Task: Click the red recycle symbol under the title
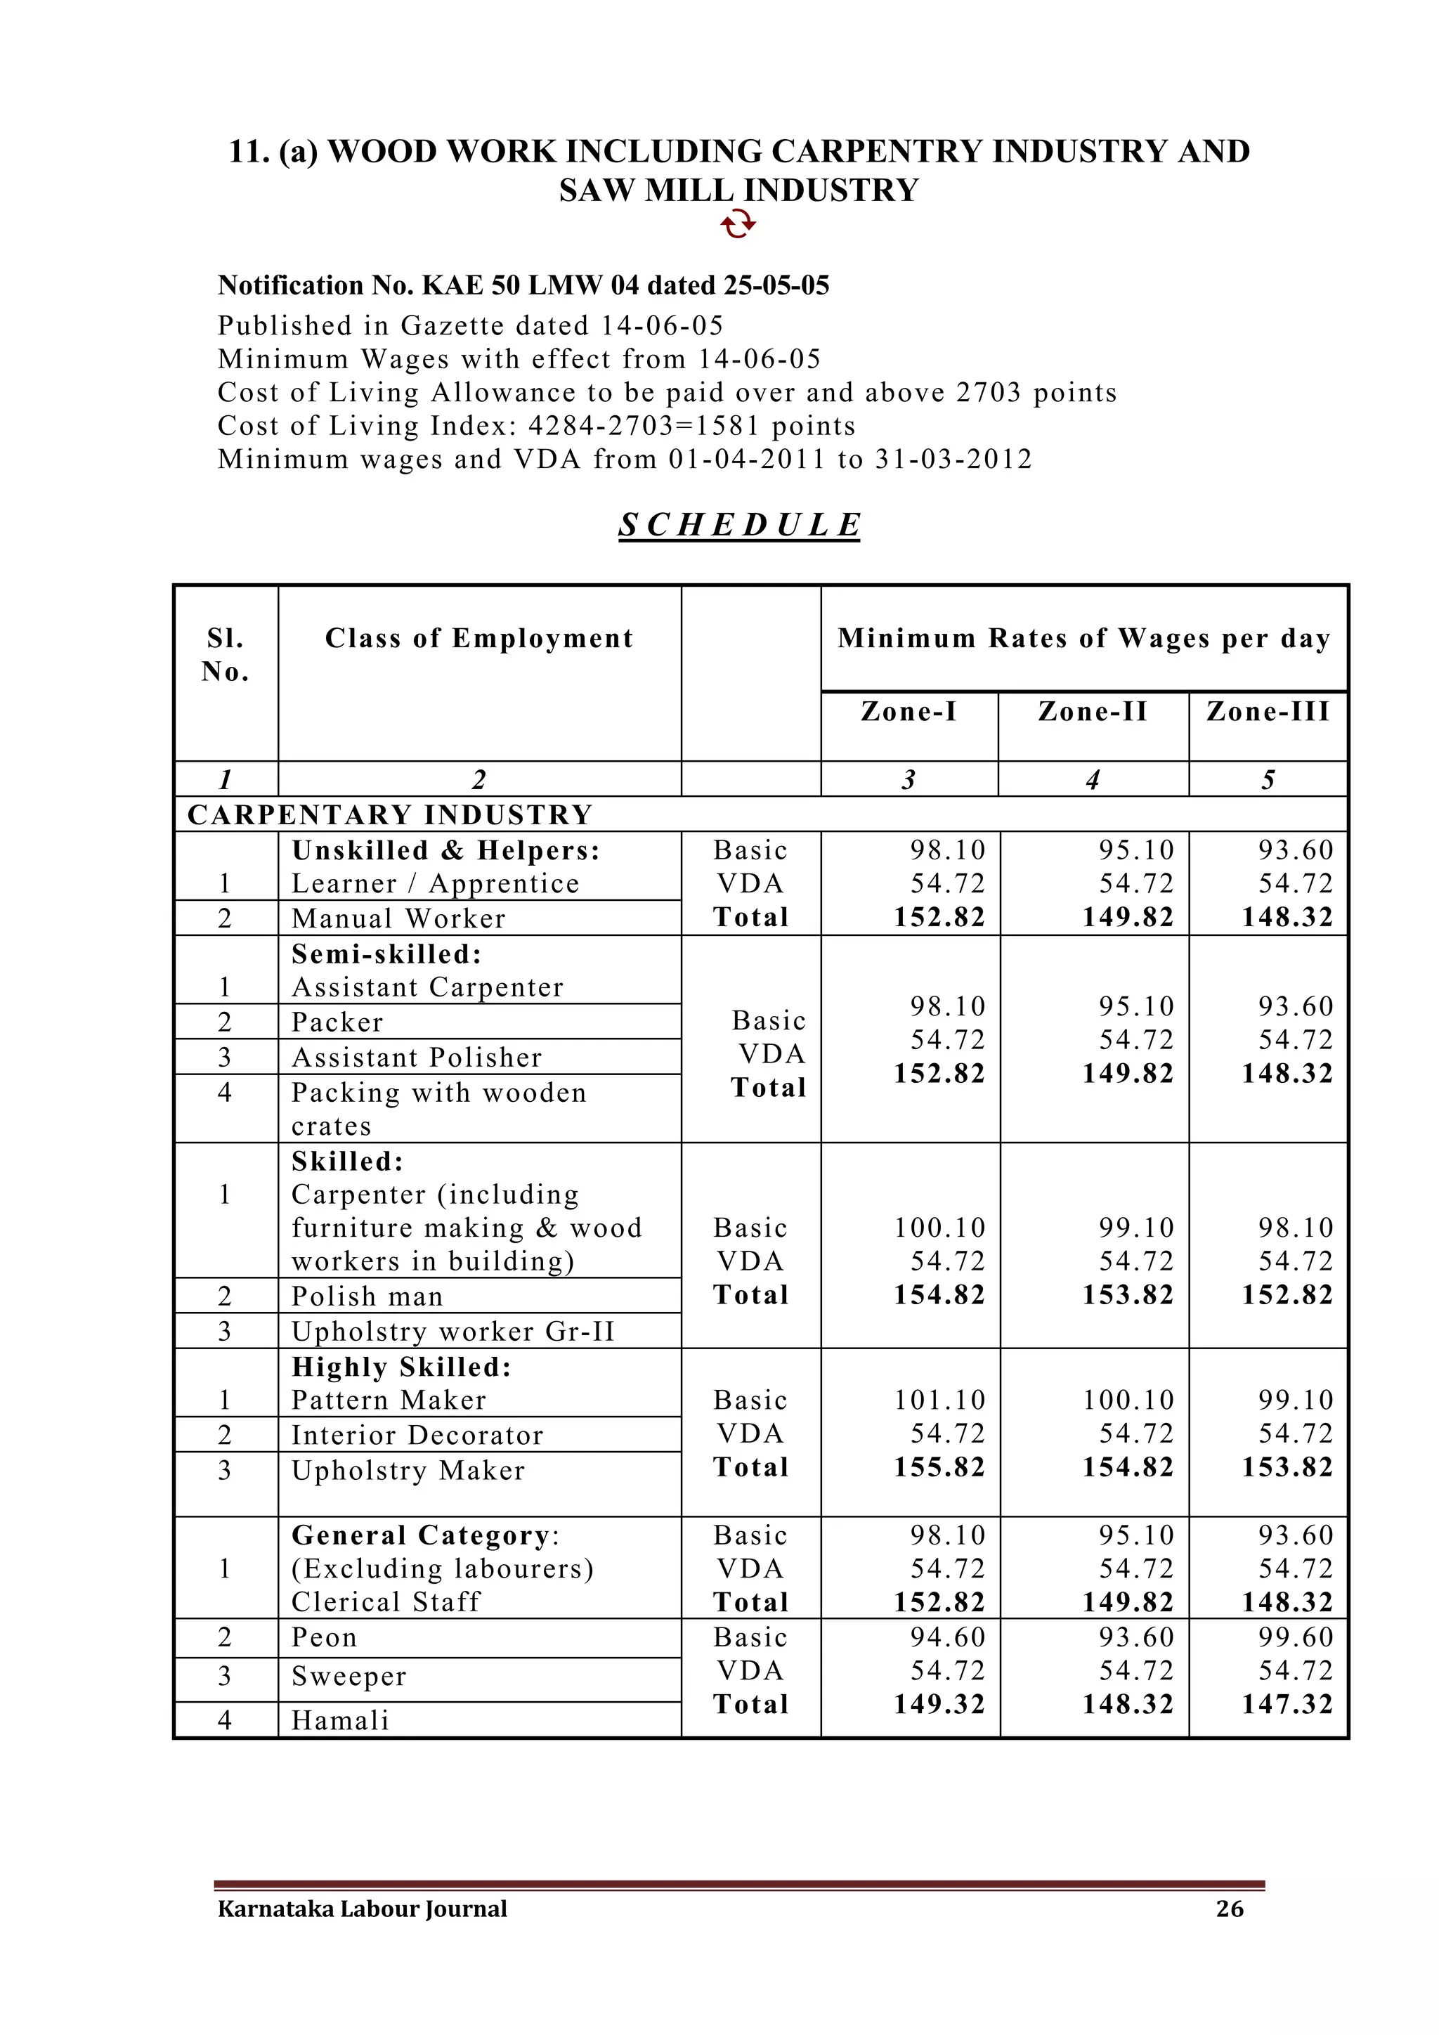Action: tap(738, 225)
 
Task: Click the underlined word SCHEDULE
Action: tap(739, 525)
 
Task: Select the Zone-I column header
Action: tap(909, 712)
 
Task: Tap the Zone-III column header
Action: tap(1268, 712)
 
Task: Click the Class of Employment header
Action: tap(479, 638)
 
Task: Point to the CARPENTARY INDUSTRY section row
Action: tap(390, 814)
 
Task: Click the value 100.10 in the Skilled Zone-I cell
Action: tap(939, 1228)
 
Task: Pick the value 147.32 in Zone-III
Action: tap(1287, 1705)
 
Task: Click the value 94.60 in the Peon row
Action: tap(947, 1637)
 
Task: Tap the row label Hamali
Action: tap(340, 1720)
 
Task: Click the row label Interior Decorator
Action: tap(417, 1435)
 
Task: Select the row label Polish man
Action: tap(367, 1296)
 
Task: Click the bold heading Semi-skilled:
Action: tap(387, 954)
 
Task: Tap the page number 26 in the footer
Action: tap(1229, 1909)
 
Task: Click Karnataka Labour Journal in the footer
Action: tap(363, 1909)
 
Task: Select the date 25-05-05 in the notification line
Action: tap(776, 285)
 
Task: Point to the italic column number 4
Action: tap(1093, 780)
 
